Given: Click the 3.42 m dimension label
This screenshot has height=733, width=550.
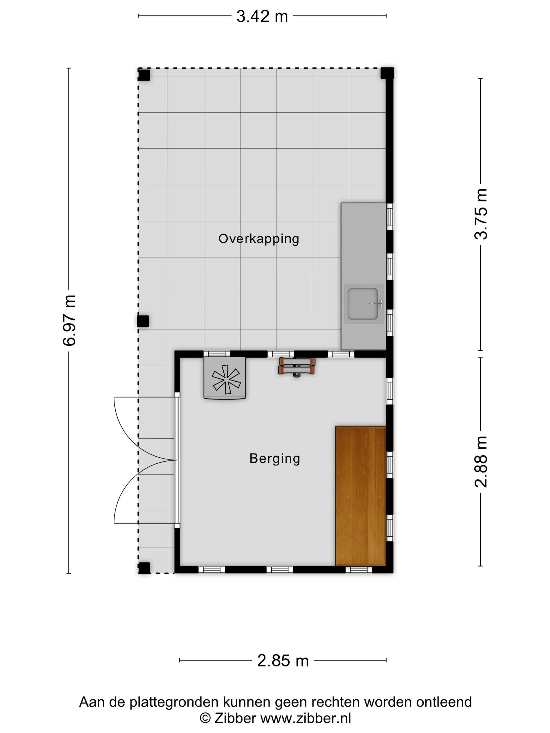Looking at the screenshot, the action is [x=262, y=16].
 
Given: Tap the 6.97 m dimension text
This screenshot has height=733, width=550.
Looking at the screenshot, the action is [x=70, y=320].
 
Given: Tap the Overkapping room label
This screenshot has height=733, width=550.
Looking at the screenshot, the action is [x=258, y=239].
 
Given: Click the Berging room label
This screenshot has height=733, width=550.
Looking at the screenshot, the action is [x=275, y=459].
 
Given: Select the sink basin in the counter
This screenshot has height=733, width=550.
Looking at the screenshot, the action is [x=363, y=303].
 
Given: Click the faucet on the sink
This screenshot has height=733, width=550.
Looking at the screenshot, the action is [x=377, y=303].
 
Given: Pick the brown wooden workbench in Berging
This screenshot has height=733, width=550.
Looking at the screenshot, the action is [x=361, y=496].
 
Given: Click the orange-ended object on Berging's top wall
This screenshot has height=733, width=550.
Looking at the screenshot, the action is [x=296, y=366].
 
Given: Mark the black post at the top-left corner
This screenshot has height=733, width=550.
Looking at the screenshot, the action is [x=144, y=75].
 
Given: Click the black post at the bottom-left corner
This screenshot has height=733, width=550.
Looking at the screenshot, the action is [x=144, y=568].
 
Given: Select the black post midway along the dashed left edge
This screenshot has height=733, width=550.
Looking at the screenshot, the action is [x=143, y=321].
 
